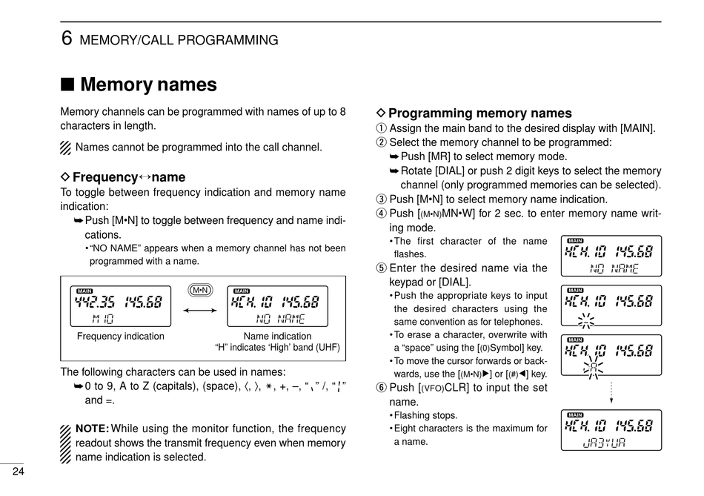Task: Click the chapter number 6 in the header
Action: [x=66, y=38]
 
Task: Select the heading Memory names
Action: [x=148, y=85]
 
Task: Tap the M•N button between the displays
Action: [x=200, y=290]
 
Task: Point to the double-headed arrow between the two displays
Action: [x=200, y=311]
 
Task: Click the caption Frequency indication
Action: [x=121, y=337]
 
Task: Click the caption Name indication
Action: [x=267, y=337]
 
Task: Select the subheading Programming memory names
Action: [x=479, y=113]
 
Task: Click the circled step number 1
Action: [x=382, y=128]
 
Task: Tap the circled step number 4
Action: [x=382, y=214]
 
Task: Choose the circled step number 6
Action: [x=382, y=387]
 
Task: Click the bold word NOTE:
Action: [x=93, y=429]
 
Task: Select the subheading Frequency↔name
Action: [x=128, y=177]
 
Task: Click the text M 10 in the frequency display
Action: [x=103, y=319]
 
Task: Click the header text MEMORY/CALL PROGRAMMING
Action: [x=179, y=40]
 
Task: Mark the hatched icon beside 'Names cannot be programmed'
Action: [x=66, y=148]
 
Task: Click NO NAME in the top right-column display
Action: [x=614, y=268]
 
